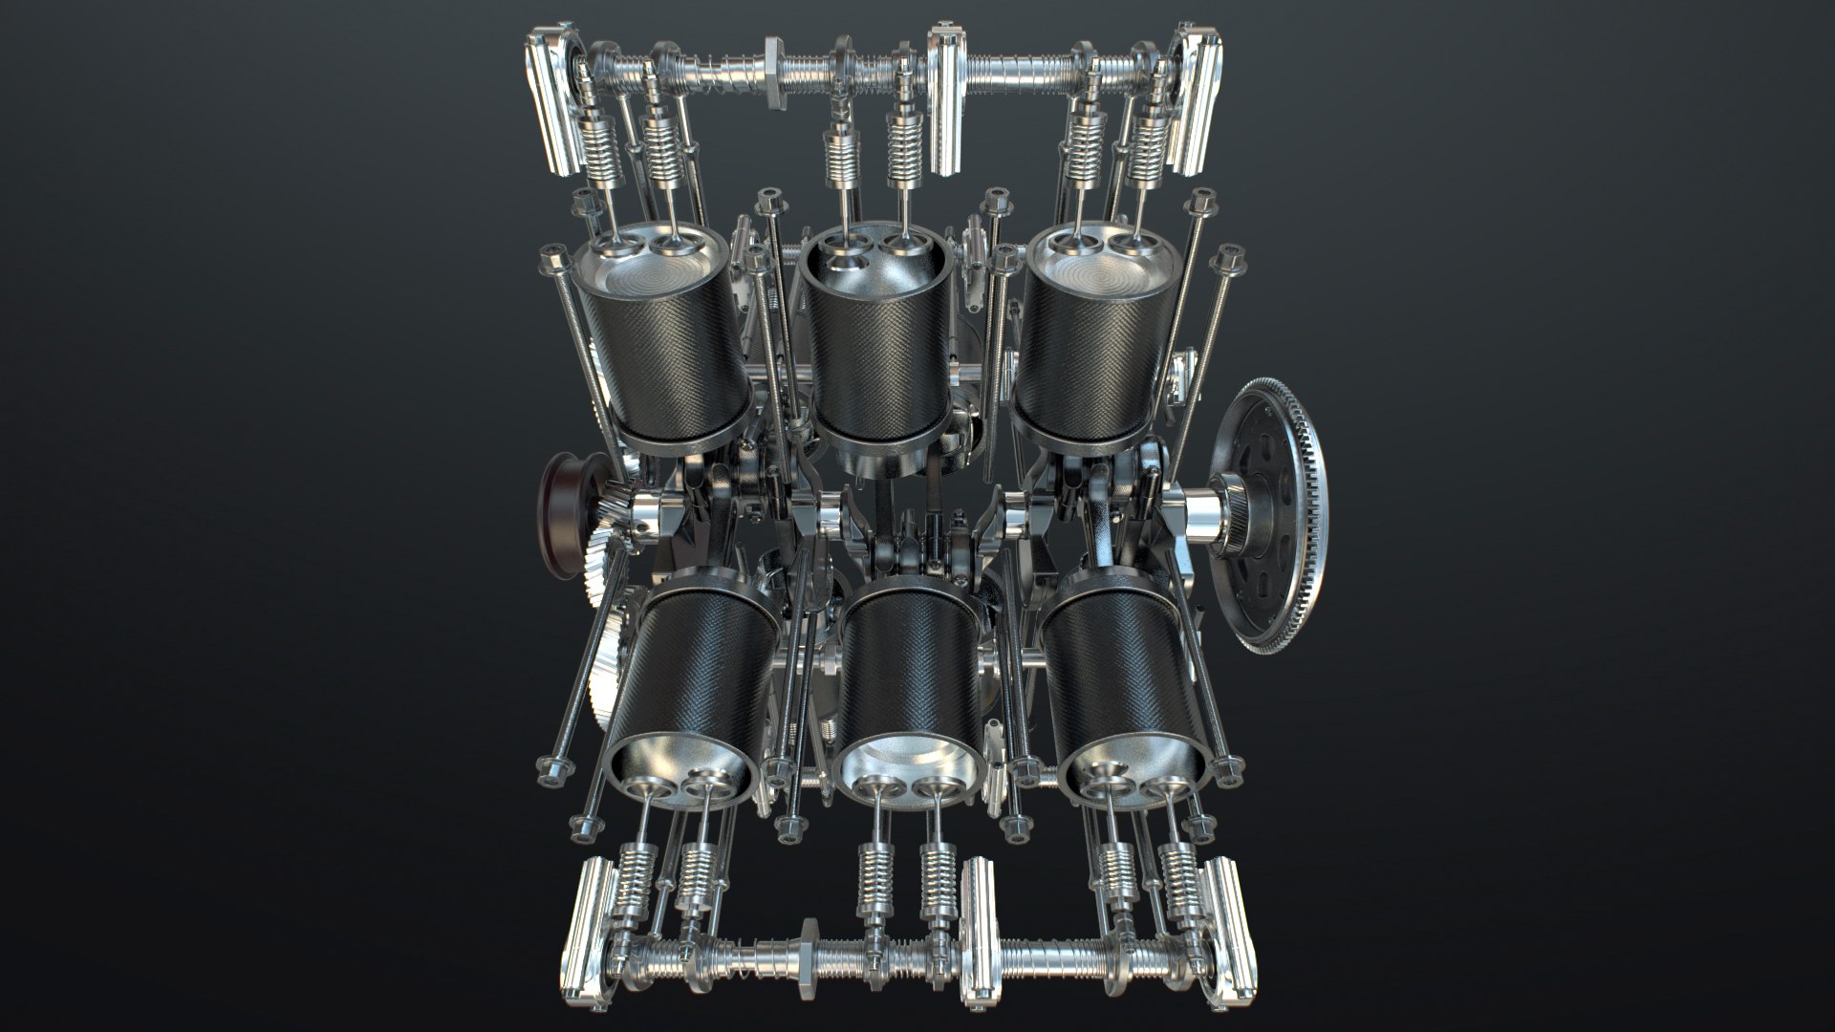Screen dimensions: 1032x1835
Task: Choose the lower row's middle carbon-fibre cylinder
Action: (913, 669)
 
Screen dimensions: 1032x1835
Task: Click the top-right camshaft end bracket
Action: (1190, 96)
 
